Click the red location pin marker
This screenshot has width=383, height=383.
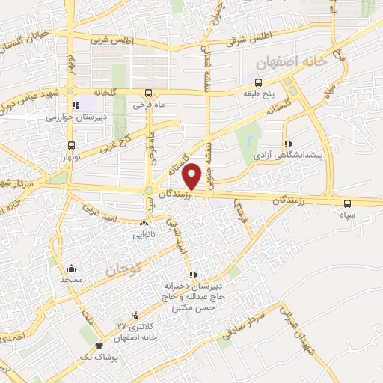192,175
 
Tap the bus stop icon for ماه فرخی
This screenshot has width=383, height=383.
148,94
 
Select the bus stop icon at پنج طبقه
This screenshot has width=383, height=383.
259,82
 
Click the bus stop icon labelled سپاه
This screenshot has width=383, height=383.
347,203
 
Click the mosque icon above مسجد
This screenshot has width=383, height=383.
72,269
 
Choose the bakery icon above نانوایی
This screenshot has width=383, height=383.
144,223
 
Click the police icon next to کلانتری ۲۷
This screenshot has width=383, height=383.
135,316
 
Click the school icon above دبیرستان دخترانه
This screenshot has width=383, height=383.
193,275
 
